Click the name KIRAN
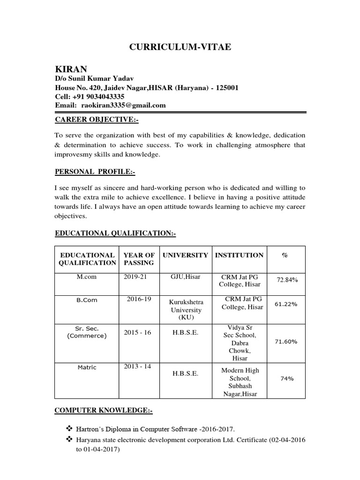pos(71,69)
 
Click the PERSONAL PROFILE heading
pos(95,172)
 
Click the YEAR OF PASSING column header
pos(139,259)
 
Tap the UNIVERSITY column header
pos(185,255)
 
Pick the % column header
pos(285,255)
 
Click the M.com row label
pos(87,277)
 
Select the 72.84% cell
pos(287,280)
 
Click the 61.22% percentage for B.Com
pos(286,304)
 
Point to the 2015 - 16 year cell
pos(138,333)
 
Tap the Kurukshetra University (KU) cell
pos(186,310)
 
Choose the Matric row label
pos(87,367)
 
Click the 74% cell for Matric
pos(286,378)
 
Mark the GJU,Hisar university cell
pos(186,277)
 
